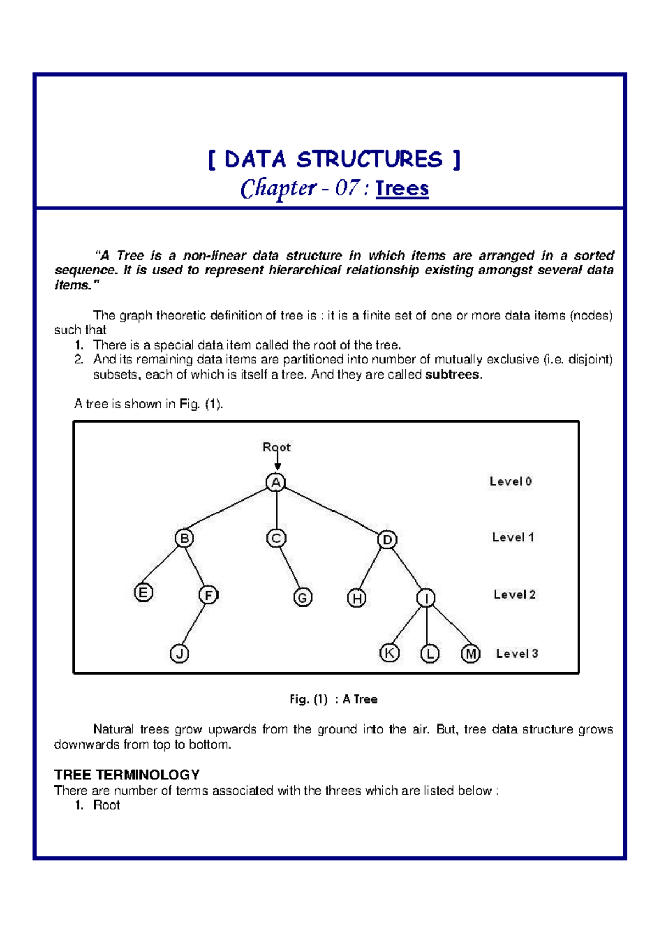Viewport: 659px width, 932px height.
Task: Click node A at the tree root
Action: (x=276, y=482)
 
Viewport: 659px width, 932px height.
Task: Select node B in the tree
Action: (x=185, y=538)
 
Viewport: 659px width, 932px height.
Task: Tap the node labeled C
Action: (x=276, y=538)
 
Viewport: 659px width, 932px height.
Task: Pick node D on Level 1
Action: (x=387, y=540)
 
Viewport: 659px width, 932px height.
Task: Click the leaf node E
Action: (x=143, y=593)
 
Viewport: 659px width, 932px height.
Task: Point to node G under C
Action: (x=303, y=597)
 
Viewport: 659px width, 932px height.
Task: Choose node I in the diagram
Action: (x=426, y=598)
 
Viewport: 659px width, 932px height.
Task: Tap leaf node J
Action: (x=180, y=654)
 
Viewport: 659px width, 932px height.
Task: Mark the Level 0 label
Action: (x=511, y=481)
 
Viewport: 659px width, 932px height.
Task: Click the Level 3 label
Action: (x=517, y=654)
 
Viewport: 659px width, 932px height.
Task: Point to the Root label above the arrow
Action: (x=276, y=447)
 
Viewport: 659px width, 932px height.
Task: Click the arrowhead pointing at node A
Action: (x=277, y=467)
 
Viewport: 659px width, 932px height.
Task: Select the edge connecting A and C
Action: (x=276, y=510)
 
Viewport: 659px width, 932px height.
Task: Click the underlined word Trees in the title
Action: (x=402, y=188)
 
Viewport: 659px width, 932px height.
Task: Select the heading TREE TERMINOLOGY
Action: (x=127, y=774)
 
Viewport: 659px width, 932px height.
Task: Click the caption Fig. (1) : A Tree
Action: (x=333, y=699)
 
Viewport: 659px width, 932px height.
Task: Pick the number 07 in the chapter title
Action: (x=347, y=188)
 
